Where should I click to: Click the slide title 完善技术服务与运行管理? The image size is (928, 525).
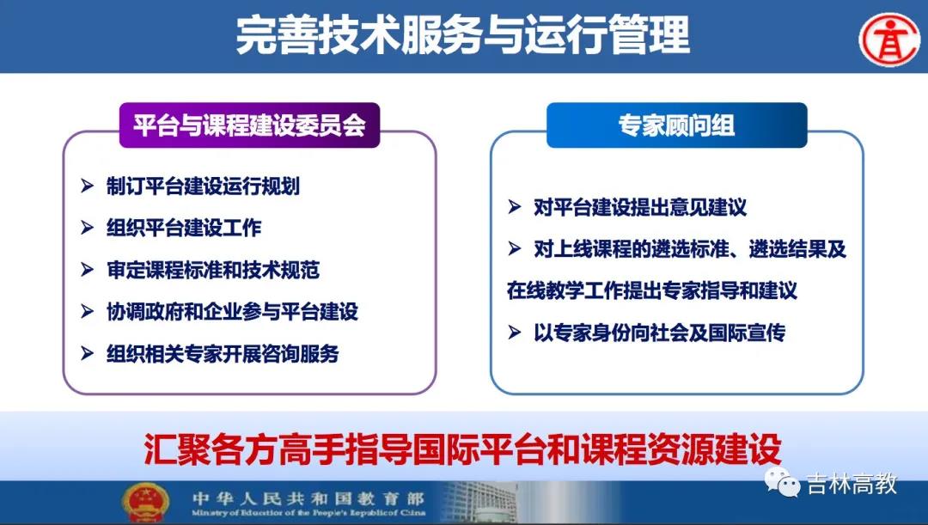[x=463, y=35]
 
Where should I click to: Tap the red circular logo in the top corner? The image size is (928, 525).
[x=889, y=40]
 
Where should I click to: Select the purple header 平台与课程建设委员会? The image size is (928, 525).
[x=250, y=125]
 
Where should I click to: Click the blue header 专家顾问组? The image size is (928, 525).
[x=676, y=125]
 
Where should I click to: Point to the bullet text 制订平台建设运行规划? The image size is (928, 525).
[x=203, y=186]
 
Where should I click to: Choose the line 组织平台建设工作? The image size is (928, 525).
[x=184, y=228]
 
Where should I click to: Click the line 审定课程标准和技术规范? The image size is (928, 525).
[x=213, y=270]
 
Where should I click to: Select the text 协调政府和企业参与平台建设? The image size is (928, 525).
[x=232, y=311]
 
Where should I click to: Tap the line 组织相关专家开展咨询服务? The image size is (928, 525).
[x=223, y=354]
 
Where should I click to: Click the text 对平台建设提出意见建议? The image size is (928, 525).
[x=640, y=207]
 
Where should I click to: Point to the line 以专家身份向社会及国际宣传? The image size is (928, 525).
[x=659, y=333]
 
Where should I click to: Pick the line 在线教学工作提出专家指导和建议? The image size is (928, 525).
[x=652, y=290]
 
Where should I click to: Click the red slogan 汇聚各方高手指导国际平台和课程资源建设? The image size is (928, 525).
[x=463, y=449]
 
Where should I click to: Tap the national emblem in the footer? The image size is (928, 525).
[x=145, y=504]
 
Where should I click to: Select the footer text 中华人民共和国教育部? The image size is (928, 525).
[x=308, y=498]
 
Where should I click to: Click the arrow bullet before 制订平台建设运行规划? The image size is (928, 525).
[x=87, y=186]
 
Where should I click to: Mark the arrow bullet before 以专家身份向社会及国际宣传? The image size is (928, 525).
[x=515, y=333]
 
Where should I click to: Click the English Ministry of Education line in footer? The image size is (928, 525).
[x=308, y=513]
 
